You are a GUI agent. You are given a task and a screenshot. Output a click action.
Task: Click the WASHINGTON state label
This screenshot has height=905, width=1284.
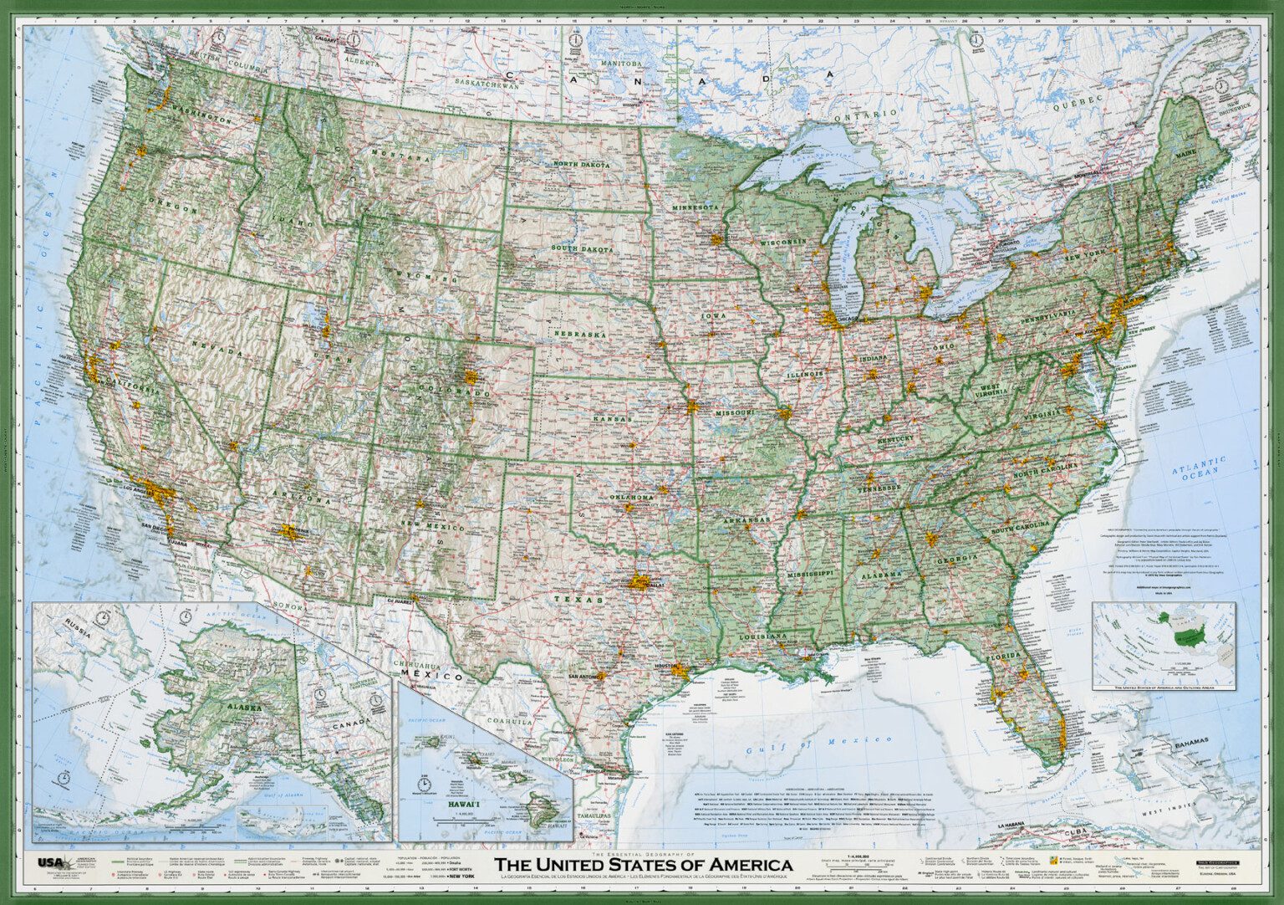click(201, 115)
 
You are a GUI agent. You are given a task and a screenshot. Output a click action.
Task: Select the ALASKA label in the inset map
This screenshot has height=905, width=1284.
click(242, 708)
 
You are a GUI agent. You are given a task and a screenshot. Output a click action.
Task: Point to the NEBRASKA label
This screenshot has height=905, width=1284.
click(579, 334)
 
